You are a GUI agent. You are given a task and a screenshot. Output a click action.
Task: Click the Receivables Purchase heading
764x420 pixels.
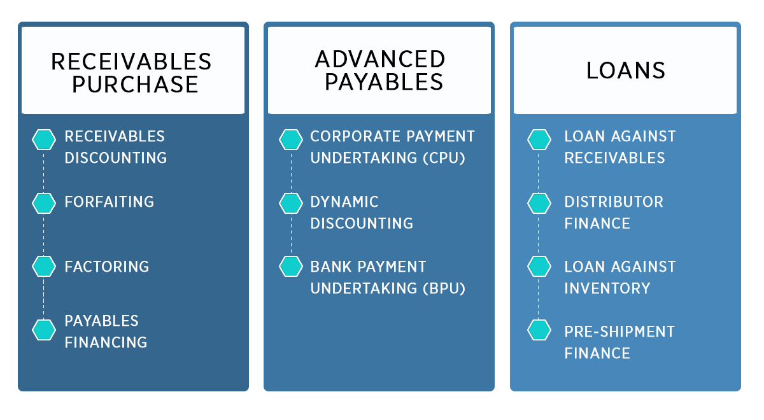point(131,73)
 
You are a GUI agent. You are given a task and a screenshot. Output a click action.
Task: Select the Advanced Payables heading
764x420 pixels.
point(380,70)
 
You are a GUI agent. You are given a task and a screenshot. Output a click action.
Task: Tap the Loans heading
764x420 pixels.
point(625,71)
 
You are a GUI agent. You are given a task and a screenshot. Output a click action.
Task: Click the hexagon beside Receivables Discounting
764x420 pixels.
point(44,139)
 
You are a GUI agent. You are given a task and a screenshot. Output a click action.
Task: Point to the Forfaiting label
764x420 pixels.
point(109,202)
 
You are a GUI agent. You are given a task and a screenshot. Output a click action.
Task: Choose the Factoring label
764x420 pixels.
point(107,267)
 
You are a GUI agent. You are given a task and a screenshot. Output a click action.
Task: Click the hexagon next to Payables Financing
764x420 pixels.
point(44,330)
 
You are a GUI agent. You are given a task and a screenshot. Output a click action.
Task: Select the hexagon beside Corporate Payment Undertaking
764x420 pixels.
point(290,139)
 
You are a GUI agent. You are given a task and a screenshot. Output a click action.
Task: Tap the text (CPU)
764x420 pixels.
point(444,158)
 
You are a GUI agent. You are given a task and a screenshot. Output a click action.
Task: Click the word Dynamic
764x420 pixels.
point(344,202)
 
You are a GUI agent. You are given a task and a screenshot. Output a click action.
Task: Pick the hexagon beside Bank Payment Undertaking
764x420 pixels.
point(290,266)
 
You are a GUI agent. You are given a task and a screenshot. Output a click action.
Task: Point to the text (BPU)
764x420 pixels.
point(444,288)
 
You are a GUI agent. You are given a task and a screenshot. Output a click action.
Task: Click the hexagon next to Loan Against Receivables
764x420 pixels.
point(539,139)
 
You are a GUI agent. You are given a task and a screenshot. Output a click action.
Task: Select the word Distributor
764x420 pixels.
point(614,202)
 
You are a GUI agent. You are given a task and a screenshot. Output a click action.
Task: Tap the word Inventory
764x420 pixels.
point(607,288)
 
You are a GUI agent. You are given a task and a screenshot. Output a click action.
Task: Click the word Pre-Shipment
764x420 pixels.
point(619,332)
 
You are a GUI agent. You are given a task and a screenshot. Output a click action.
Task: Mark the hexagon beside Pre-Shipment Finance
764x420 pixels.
point(539,330)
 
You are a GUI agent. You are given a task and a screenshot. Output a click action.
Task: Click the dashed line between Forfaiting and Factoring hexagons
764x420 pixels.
point(44,235)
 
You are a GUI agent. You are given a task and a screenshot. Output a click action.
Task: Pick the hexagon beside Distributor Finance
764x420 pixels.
point(539,203)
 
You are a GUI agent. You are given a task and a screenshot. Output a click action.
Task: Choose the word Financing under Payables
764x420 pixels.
point(106,342)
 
